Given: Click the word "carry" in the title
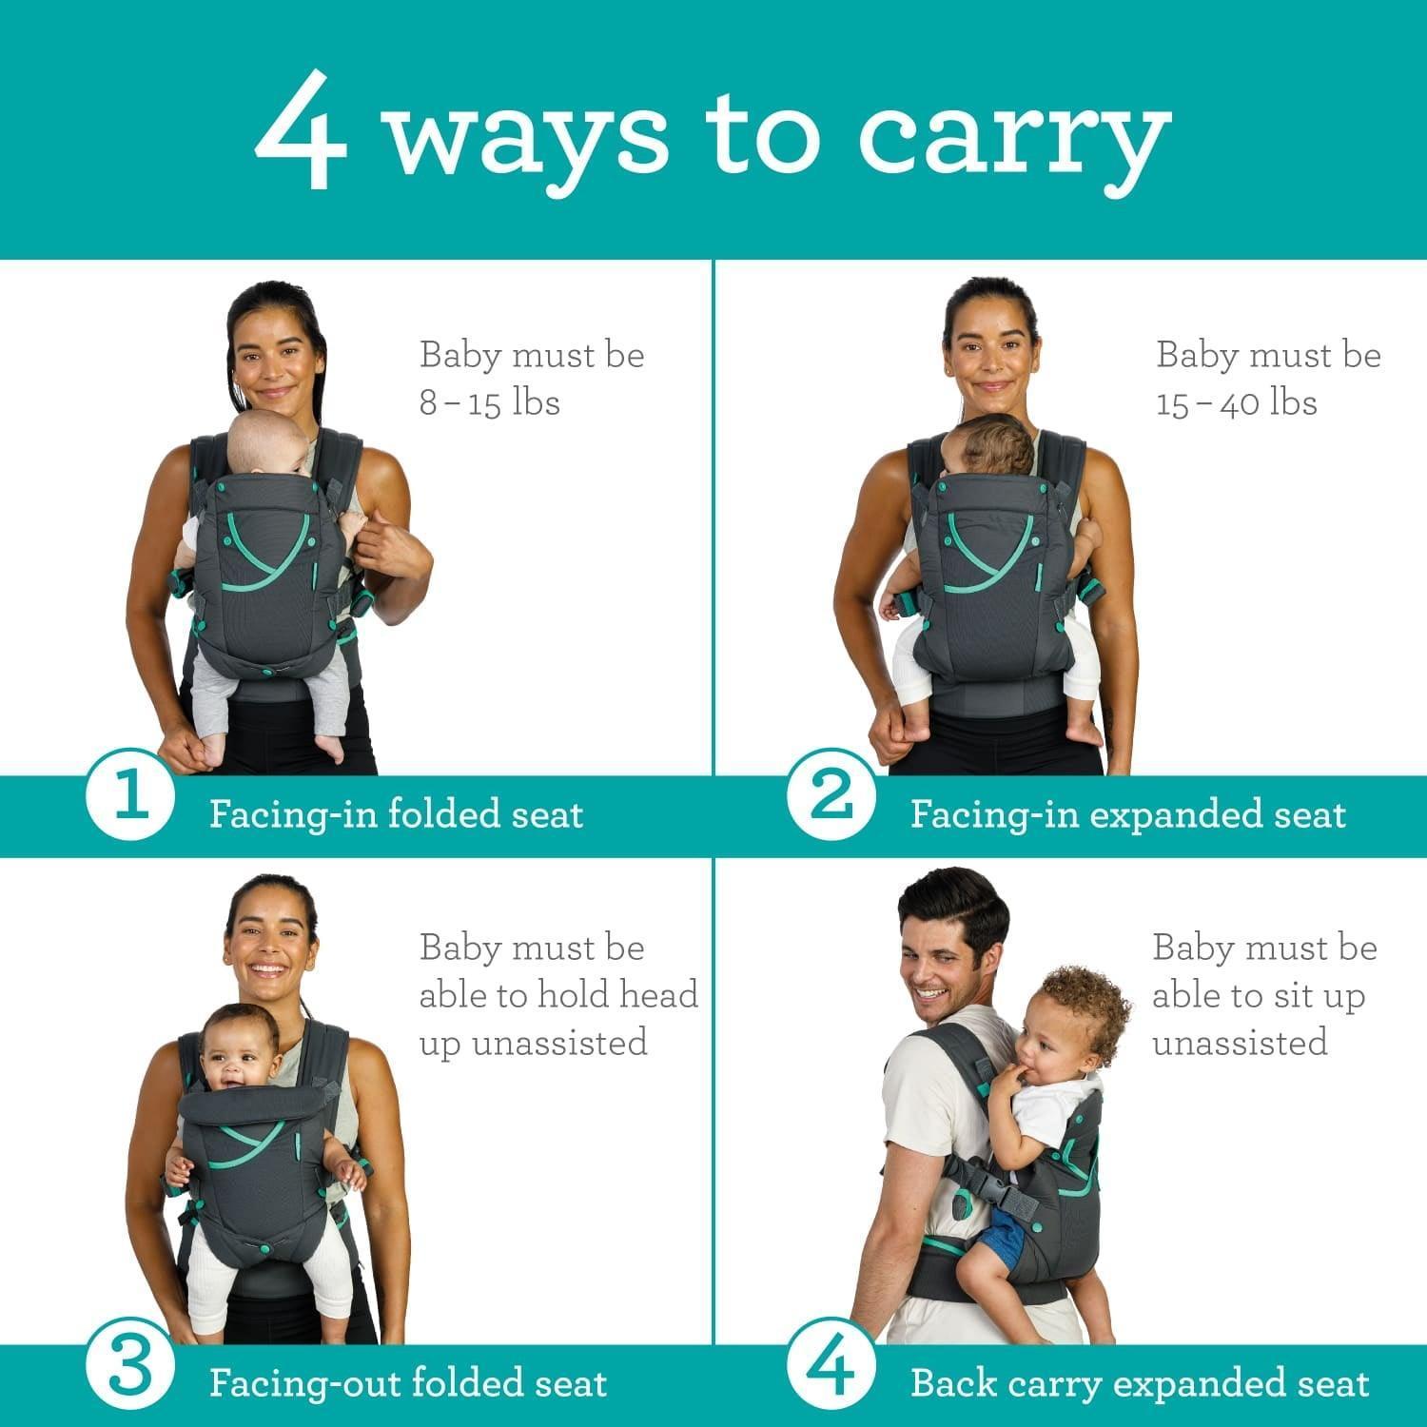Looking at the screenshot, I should pyautogui.click(x=1013, y=138).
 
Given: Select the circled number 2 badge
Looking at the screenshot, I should pyautogui.click(x=831, y=797).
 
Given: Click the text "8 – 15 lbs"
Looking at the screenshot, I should pyautogui.click(x=490, y=402).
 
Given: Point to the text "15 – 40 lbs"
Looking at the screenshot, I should pyautogui.click(x=1237, y=402).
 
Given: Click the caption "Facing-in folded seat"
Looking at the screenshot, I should pyautogui.click(x=396, y=814).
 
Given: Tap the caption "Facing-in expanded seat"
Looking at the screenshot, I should pyautogui.click(x=1128, y=814).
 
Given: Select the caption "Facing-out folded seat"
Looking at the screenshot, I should pyautogui.click(x=408, y=1383).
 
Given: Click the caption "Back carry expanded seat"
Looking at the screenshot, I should pyautogui.click(x=1140, y=1383).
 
